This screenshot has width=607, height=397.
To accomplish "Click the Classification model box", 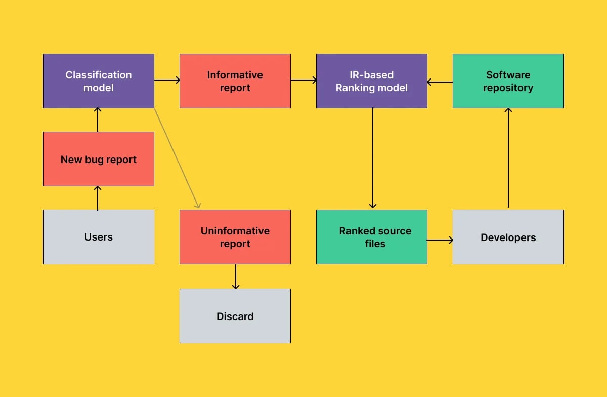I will pyautogui.click(x=98, y=81).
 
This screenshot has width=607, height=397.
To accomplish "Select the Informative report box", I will pyautogui.click(x=235, y=81).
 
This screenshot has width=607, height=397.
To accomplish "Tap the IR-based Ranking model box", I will pyautogui.click(x=371, y=81).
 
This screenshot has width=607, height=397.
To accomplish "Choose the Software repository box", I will pyautogui.click(x=508, y=81).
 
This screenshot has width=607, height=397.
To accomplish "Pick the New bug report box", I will pyautogui.click(x=98, y=159).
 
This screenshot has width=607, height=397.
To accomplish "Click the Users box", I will pyautogui.click(x=98, y=237).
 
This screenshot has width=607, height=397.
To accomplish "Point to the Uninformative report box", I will pyautogui.click(x=235, y=237).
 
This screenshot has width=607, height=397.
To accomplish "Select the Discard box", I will pyautogui.click(x=235, y=316).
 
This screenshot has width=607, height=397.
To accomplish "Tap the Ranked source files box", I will pyautogui.click(x=371, y=237).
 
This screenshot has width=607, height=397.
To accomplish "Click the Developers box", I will pyautogui.click(x=508, y=237).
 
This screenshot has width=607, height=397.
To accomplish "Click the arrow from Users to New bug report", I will pyautogui.click(x=98, y=198).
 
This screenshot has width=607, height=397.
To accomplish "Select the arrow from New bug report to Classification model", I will pyautogui.click(x=98, y=120).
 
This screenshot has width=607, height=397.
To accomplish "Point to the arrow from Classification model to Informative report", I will pyautogui.click(x=167, y=80).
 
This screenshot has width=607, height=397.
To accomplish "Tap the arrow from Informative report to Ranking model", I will pyautogui.click(x=303, y=80).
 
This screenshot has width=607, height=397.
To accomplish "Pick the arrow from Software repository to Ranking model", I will pyautogui.click(x=440, y=82).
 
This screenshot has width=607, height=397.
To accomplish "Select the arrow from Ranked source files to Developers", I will pyautogui.click(x=440, y=240).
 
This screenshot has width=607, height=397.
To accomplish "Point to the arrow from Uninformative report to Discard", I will pyautogui.click(x=235, y=276).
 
